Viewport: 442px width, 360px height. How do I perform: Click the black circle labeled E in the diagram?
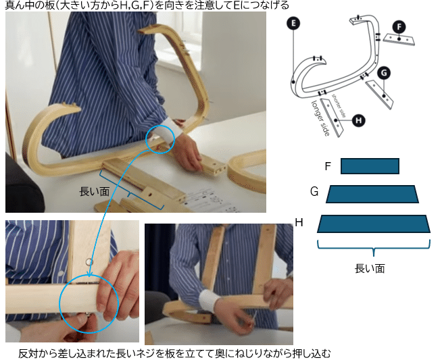click(x=293, y=24)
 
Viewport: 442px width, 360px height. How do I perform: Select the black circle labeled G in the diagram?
click(x=383, y=72)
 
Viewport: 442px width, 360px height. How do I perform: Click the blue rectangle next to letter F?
click(x=370, y=166)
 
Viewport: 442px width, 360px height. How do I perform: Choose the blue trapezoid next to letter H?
click(x=374, y=224)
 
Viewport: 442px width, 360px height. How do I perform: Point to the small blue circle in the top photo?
click(x=161, y=138)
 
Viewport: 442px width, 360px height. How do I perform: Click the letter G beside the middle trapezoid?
click(x=314, y=192)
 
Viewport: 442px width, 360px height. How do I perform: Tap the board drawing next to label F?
click(x=399, y=39)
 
